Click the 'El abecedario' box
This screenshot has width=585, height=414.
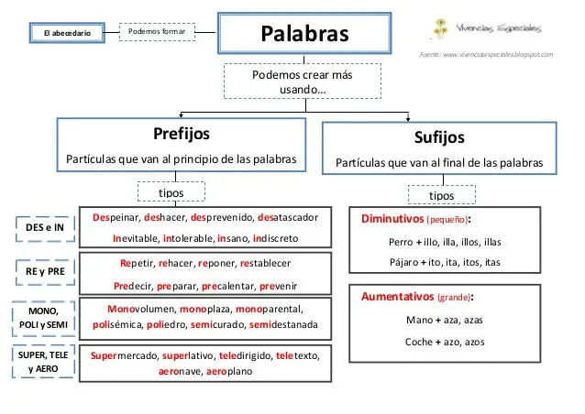[x=67, y=33]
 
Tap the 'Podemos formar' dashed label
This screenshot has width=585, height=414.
[x=157, y=32]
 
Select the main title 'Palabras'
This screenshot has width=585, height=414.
[x=304, y=34]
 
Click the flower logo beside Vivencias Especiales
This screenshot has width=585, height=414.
[x=441, y=28]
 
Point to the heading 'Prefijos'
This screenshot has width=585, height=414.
[x=182, y=134]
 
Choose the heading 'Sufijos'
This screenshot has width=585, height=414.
[x=439, y=137]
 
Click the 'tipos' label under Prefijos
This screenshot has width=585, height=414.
[x=171, y=192]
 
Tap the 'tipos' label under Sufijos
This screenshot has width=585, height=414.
[x=442, y=195]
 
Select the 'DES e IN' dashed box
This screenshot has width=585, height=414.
[x=45, y=228]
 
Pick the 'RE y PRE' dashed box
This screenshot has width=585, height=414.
[x=45, y=272]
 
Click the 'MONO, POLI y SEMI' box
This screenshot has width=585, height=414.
[x=43, y=318]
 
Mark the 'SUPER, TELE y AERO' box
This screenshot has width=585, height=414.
[x=43, y=362]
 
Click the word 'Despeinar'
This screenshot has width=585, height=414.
[x=116, y=218]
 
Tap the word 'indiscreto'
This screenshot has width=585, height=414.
[x=276, y=238]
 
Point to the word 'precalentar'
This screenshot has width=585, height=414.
[x=227, y=286]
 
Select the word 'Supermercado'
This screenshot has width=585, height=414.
[x=124, y=356]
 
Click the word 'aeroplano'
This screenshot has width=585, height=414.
[x=229, y=372]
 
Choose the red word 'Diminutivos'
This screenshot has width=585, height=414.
[x=392, y=219]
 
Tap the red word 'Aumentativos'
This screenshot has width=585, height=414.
[x=397, y=297]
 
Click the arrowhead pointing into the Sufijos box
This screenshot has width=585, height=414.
[x=408, y=118]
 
